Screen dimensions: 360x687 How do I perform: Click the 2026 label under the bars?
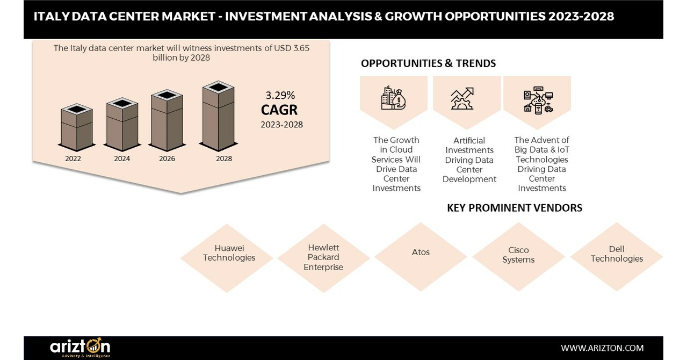click(x=167, y=159)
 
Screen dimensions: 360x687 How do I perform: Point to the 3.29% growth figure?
click(x=280, y=96)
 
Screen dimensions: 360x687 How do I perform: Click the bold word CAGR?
click(x=279, y=110)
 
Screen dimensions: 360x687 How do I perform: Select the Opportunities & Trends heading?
click(x=428, y=63)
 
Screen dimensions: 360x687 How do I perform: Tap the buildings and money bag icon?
click(x=393, y=98)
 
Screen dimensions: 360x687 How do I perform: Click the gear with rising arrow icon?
click(x=462, y=98)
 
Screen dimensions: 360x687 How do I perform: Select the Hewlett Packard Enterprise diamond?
click(x=323, y=257)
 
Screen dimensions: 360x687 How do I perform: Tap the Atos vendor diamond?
click(x=421, y=253)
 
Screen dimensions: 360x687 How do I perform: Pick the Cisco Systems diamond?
click(x=518, y=255)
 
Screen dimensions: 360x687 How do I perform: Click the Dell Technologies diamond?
click(x=617, y=254)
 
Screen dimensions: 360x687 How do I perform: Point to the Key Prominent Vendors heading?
click(x=514, y=208)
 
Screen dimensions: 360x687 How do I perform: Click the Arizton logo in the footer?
click(x=80, y=348)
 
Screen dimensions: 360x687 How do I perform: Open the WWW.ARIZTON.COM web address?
click(x=602, y=348)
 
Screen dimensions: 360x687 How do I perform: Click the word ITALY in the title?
click(x=50, y=16)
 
